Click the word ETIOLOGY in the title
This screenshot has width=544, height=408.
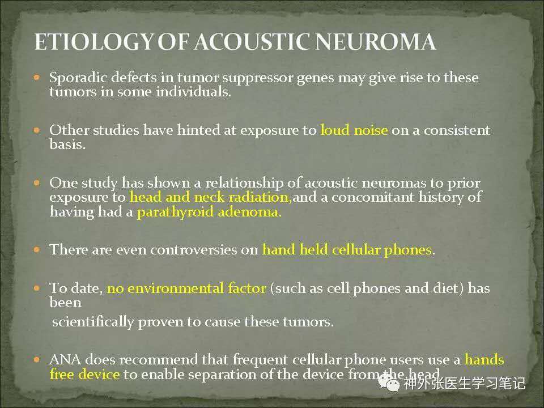93,42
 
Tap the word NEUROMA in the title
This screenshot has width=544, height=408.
376,42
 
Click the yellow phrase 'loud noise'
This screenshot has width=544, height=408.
354,130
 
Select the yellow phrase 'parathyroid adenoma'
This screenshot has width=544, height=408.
209,212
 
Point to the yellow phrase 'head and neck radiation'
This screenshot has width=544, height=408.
209,197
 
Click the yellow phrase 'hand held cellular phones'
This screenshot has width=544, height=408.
347,250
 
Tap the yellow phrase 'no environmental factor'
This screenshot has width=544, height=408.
186,288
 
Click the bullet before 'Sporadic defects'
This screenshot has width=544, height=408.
37,78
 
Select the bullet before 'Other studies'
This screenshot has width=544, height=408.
37,130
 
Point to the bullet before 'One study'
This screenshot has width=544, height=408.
37,183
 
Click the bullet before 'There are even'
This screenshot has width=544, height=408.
37,249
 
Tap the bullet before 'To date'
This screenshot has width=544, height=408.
37,288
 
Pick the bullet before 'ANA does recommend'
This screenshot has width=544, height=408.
37,360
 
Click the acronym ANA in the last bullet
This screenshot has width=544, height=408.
65,360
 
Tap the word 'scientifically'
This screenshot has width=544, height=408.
92,322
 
